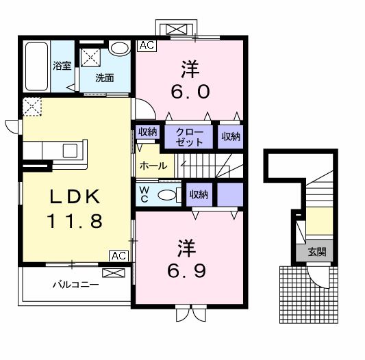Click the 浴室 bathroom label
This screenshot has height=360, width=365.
click(62, 66)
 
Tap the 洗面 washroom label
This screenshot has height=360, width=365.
click(104, 77)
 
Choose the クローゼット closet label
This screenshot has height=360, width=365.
click(189, 137)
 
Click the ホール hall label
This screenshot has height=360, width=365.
click(151, 166)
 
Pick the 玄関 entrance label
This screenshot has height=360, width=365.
click(316, 252)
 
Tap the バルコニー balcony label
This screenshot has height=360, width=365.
click(76, 284)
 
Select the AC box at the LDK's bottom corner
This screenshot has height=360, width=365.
click(118, 255)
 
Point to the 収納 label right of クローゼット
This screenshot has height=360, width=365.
click(231, 136)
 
